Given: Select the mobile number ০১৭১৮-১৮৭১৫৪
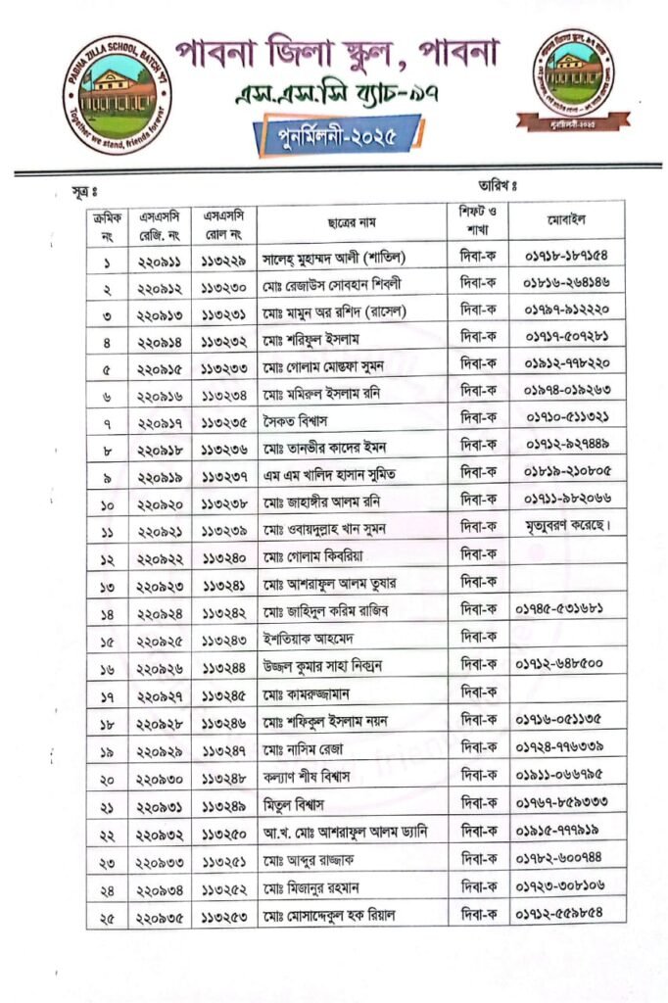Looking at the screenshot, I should [x=566, y=258].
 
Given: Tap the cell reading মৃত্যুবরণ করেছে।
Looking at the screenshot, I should [x=568, y=528].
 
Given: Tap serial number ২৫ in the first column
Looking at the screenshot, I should [x=106, y=916].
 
